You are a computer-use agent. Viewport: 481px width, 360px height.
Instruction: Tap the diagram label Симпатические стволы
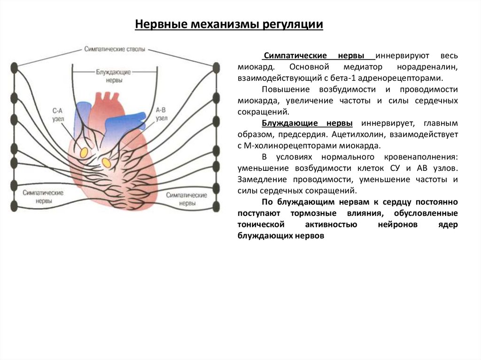pyautogui.click(x=115, y=49)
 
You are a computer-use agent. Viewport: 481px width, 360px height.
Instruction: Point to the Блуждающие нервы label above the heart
pyautogui.click(x=113, y=76)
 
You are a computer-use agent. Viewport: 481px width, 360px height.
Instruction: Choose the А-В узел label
pyautogui.click(x=161, y=115)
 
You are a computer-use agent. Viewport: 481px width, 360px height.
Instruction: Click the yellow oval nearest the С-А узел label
pyautogui.click(x=84, y=153)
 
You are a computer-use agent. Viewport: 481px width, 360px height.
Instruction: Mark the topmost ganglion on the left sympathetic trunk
pyautogui.click(x=15, y=67)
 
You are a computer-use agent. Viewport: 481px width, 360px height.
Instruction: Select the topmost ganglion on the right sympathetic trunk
pyautogui.click(x=216, y=67)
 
